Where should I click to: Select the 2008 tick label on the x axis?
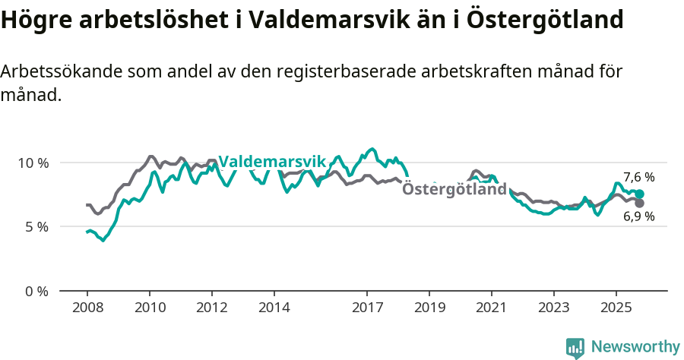click(x=87, y=309)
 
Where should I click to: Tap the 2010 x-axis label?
click(x=150, y=309)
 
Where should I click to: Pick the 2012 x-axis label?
click(x=211, y=309)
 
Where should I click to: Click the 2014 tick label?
click(x=274, y=309)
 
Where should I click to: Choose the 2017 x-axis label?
click(x=367, y=309)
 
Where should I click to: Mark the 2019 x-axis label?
click(x=429, y=309)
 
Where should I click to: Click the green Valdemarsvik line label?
click(x=271, y=161)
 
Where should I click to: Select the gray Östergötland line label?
click(x=454, y=189)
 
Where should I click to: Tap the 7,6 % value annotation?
click(x=638, y=178)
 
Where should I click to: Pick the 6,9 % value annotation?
click(x=638, y=216)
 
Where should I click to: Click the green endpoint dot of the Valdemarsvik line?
click(x=640, y=194)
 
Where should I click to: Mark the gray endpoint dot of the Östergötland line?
click(x=640, y=204)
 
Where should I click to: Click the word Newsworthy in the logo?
click(x=635, y=347)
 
